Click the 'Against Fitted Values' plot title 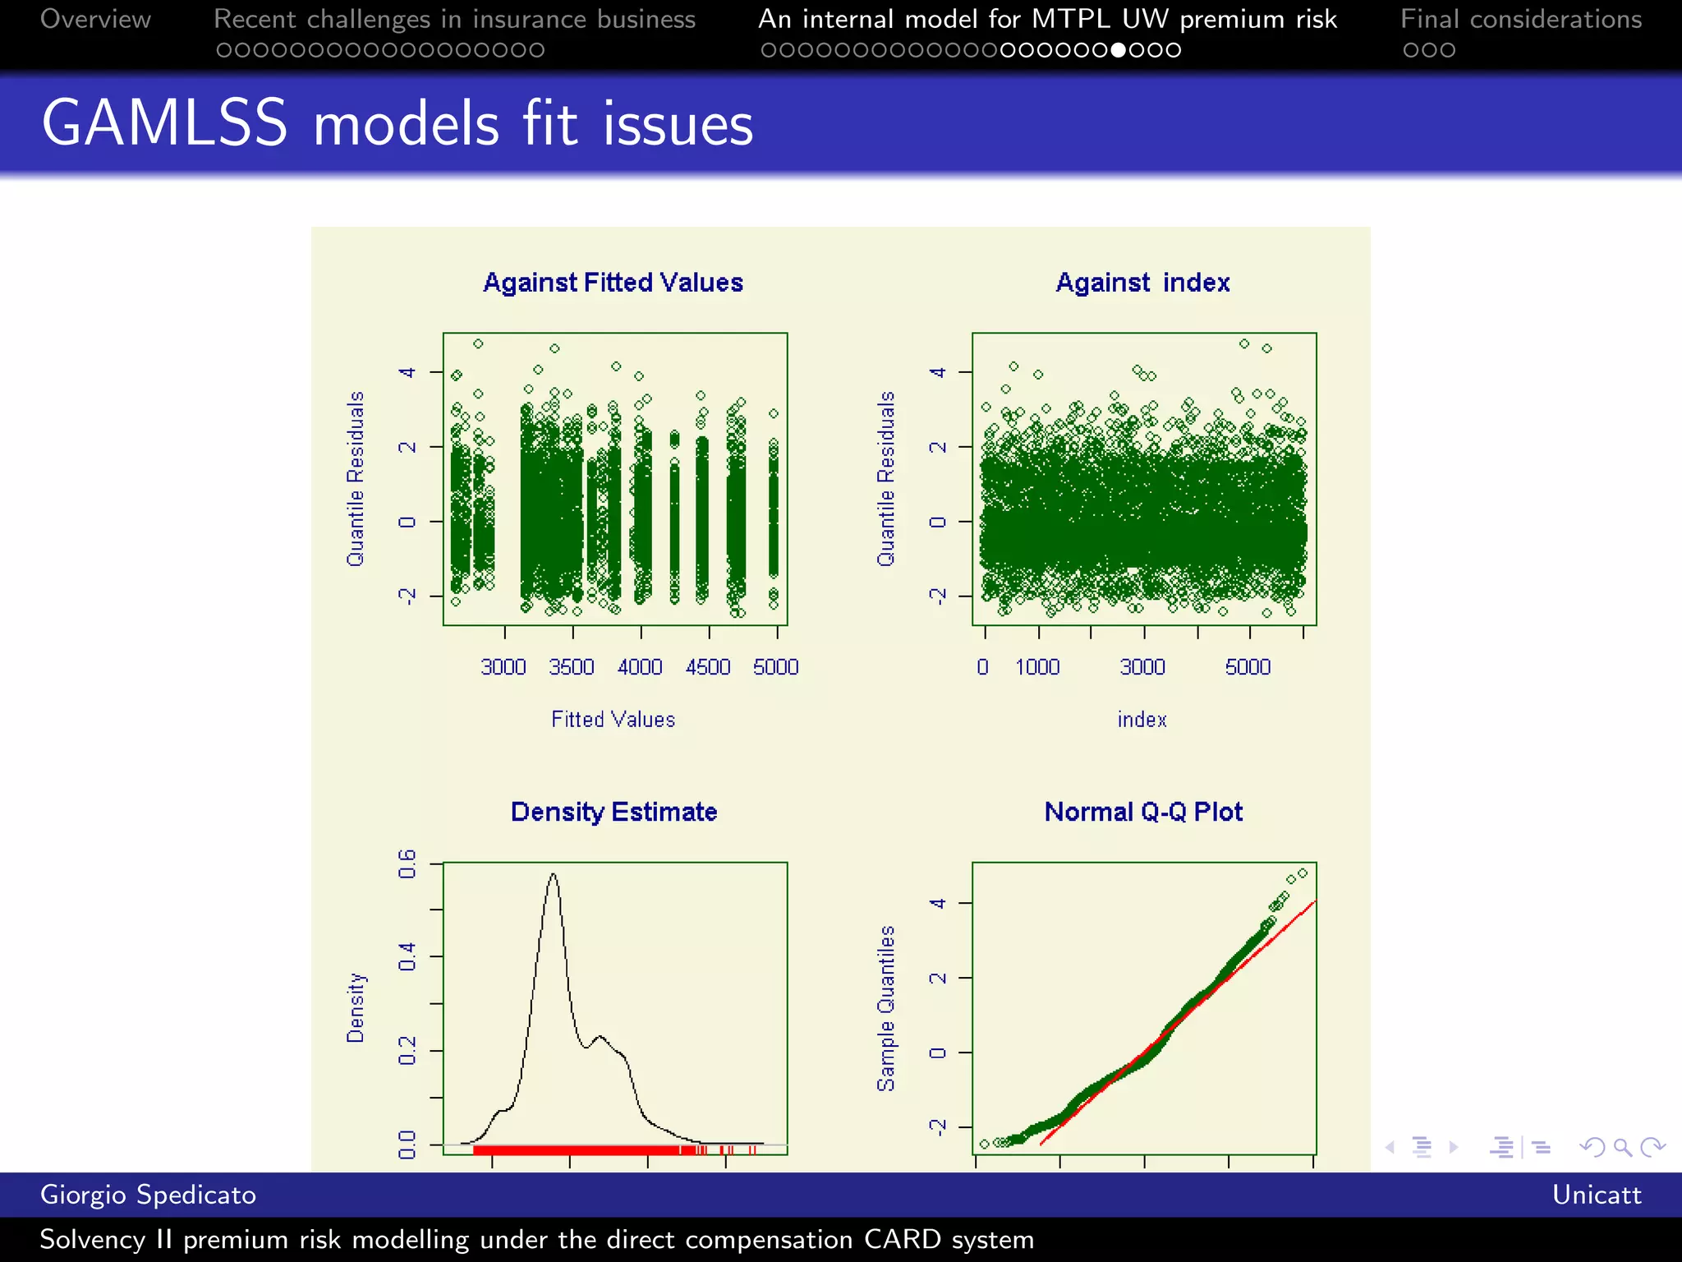tap(613, 283)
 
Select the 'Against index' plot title tap(1142, 283)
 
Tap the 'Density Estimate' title tap(614, 812)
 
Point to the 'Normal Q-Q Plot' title tap(1143, 812)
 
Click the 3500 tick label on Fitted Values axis tap(572, 667)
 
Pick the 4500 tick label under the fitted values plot tap(708, 667)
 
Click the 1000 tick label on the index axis tap(1037, 667)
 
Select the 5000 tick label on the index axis tap(1248, 667)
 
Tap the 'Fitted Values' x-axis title tap(613, 720)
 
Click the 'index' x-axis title tap(1142, 720)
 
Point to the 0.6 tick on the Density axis tap(407, 864)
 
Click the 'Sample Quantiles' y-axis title tap(886, 1008)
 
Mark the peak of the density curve tap(554, 874)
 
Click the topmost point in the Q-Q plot tap(1303, 873)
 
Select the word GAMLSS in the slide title tap(164, 123)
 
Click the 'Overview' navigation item tap(95, 19)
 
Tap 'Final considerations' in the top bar tap(1521, 19)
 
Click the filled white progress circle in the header tap(1119, 50)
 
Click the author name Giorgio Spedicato tap(148, 1195)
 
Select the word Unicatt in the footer tap(1597, 1195)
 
